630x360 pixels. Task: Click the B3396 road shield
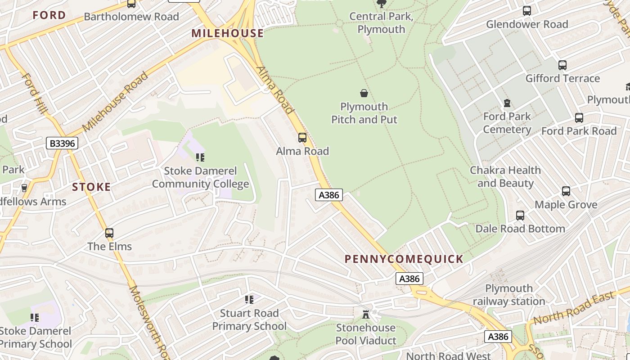click(x=62, y=144)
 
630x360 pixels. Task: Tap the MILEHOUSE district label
click(x=227, y=33)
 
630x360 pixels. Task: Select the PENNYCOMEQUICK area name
click(x=404, y=259)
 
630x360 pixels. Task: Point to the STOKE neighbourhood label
click(x=91, y=187)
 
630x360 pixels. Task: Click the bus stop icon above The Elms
click(x=109, y=233)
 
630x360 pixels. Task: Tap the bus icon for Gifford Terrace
click(x=562, y=65)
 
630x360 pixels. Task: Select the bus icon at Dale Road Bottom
click(x=520, y=216)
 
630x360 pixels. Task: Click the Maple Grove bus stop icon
click(x=566, y=191)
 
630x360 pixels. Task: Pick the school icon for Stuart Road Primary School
click(x=249, y=300)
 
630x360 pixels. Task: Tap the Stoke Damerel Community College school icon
click(x=200, y=157)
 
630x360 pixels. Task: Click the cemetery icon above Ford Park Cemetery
click(x=507, y=103)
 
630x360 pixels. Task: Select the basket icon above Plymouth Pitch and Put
click(x=364, y=94)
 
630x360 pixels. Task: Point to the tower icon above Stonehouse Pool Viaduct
click(x=365, y=314)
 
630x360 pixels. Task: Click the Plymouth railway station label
click(x=509, y=295)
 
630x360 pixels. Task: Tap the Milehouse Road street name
click(x=115, y=101)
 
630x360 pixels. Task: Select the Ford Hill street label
click(x=34, y=94)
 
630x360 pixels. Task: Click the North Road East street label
click(x=574, y=308)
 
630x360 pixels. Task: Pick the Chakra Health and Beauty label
click(x=505, y=177)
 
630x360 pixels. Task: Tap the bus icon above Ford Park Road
click(x=579, y=118)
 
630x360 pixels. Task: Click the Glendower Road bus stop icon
click(x=527, y=11)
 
